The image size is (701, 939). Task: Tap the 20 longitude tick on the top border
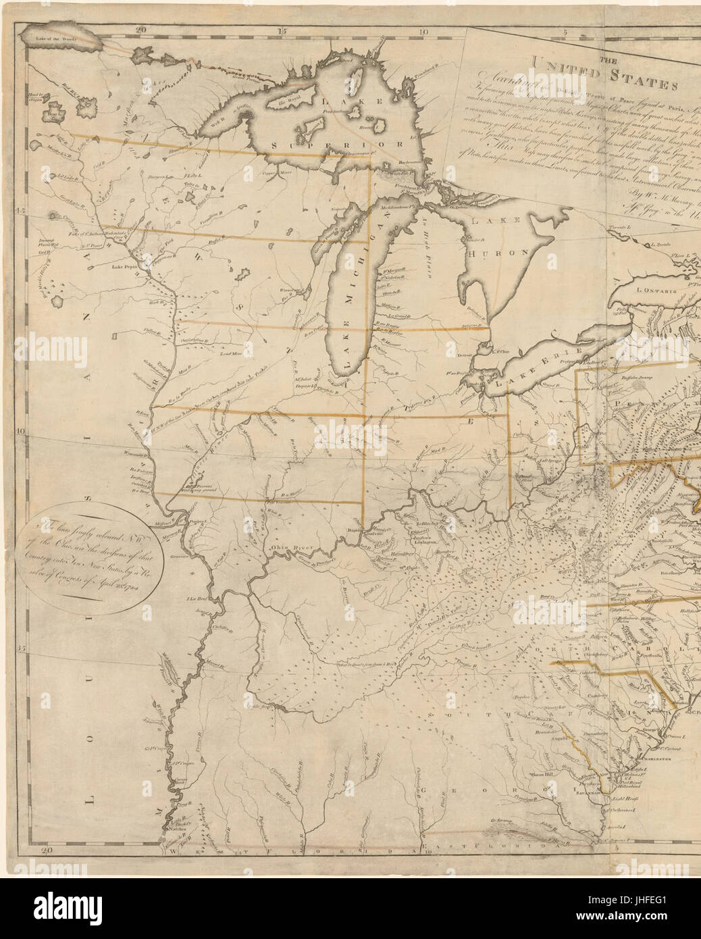click(140, 30)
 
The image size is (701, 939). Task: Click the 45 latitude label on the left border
click(20, 211)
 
